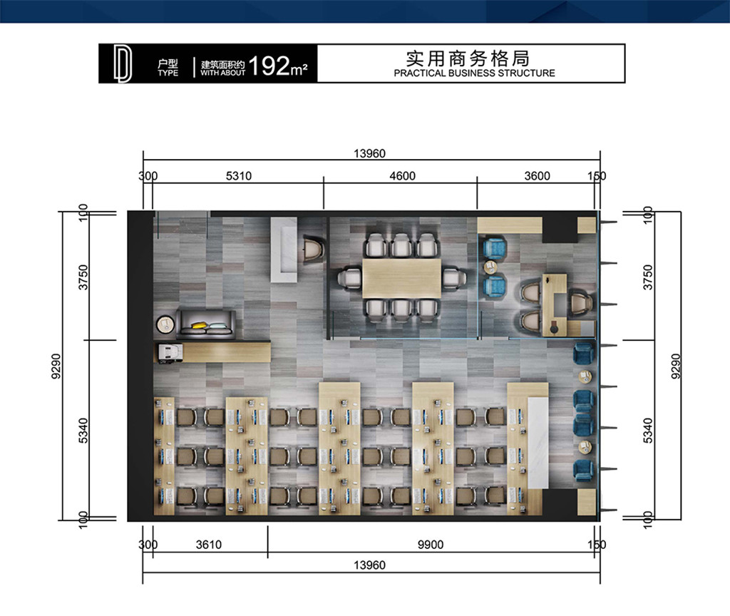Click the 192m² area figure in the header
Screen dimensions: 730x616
pos(278,66)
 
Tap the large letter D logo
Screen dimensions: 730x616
pos(123,64)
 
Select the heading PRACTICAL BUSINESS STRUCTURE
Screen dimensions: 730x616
pos(474,73)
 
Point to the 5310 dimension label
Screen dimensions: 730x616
pos(239,176)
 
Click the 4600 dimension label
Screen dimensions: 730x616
pos(402,176)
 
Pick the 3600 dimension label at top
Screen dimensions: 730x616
pos(538,176)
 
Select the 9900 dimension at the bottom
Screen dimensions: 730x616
pos(430,545)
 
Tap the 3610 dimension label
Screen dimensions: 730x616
pos(209,545)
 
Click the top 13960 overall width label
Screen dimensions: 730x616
pos(370,154)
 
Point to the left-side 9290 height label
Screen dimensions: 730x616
pos(56,366)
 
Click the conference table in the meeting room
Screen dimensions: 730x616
pos(402,279)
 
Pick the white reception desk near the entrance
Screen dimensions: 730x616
pos(284,250)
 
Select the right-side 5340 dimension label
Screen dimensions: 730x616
pos(648,431)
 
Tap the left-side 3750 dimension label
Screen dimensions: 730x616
pos(83,277)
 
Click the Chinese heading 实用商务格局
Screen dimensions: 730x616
pos(468,58)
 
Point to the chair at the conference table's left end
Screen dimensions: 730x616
pos(349,279)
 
